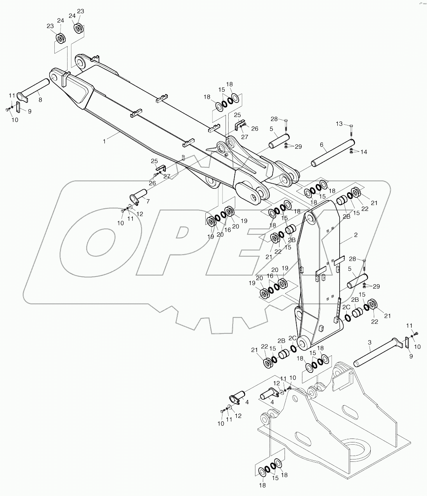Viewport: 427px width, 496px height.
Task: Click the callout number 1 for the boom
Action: tap(104, 142)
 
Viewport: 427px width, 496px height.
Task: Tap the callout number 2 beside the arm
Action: tap(356, 235)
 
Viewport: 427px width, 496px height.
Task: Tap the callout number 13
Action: tap(340, 124)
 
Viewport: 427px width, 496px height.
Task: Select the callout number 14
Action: tap(364, 152)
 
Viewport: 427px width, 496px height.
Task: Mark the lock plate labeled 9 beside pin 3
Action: tap(408, 343)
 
